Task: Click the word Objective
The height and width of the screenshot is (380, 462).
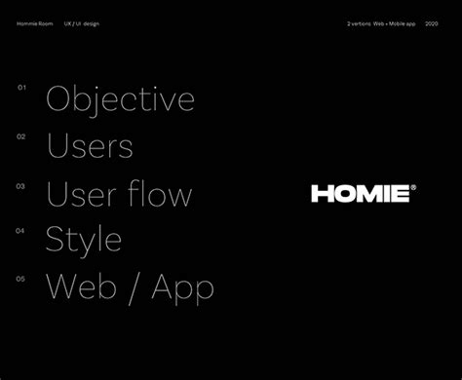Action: point(120,99)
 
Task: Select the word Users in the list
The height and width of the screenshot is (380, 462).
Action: point(90,146)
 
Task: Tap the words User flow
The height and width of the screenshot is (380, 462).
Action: point(119,193)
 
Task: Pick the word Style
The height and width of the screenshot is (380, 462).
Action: point(84,239)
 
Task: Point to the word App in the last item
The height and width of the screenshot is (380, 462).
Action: point(182,287)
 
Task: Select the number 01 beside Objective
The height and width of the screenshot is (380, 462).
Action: point(20,88)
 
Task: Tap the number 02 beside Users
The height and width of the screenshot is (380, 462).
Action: point(20,135)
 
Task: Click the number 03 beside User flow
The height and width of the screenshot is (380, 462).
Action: point(20,183)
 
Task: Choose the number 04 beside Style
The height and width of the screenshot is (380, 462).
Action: point(20,230)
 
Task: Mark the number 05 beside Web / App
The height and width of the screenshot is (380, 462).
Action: point(20,278)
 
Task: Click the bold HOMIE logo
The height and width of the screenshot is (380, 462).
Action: point(360,193)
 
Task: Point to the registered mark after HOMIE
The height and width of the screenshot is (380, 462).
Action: point(412,187)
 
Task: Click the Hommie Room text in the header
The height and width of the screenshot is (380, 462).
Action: point(35,22)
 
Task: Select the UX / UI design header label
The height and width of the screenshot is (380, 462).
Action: point(81,22)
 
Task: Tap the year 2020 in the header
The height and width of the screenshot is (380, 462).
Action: point(432,22)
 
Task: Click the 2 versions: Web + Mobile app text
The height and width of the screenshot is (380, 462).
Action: point(381,22)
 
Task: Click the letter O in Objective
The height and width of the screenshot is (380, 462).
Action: point(59,99)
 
